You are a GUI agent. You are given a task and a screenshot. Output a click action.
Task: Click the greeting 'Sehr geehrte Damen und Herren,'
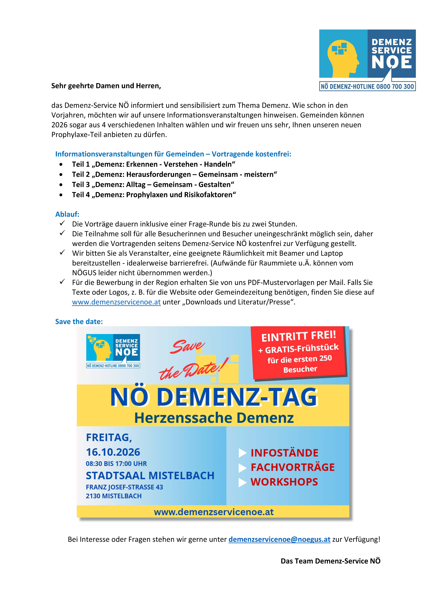tap(106, 86)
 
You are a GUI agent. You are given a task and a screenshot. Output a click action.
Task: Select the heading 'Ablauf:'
tap(67, 214)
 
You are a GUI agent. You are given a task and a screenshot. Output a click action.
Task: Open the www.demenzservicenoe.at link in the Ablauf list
tap(116, 302)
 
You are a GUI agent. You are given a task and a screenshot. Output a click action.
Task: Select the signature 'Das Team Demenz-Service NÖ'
tap(330, 561)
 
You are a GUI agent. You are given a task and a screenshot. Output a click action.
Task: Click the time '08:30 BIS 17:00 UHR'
tap(116, 464)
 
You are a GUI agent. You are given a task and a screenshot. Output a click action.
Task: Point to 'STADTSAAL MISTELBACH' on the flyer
tap(150, 476)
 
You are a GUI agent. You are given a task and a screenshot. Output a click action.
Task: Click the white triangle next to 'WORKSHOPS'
tap(242, 482)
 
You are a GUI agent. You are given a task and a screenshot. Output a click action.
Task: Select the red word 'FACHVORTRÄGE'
tap(292, 467)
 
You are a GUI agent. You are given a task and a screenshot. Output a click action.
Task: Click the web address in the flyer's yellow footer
tap(214, 512)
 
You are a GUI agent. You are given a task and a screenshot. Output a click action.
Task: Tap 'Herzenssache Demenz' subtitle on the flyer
tap(214, 418)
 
